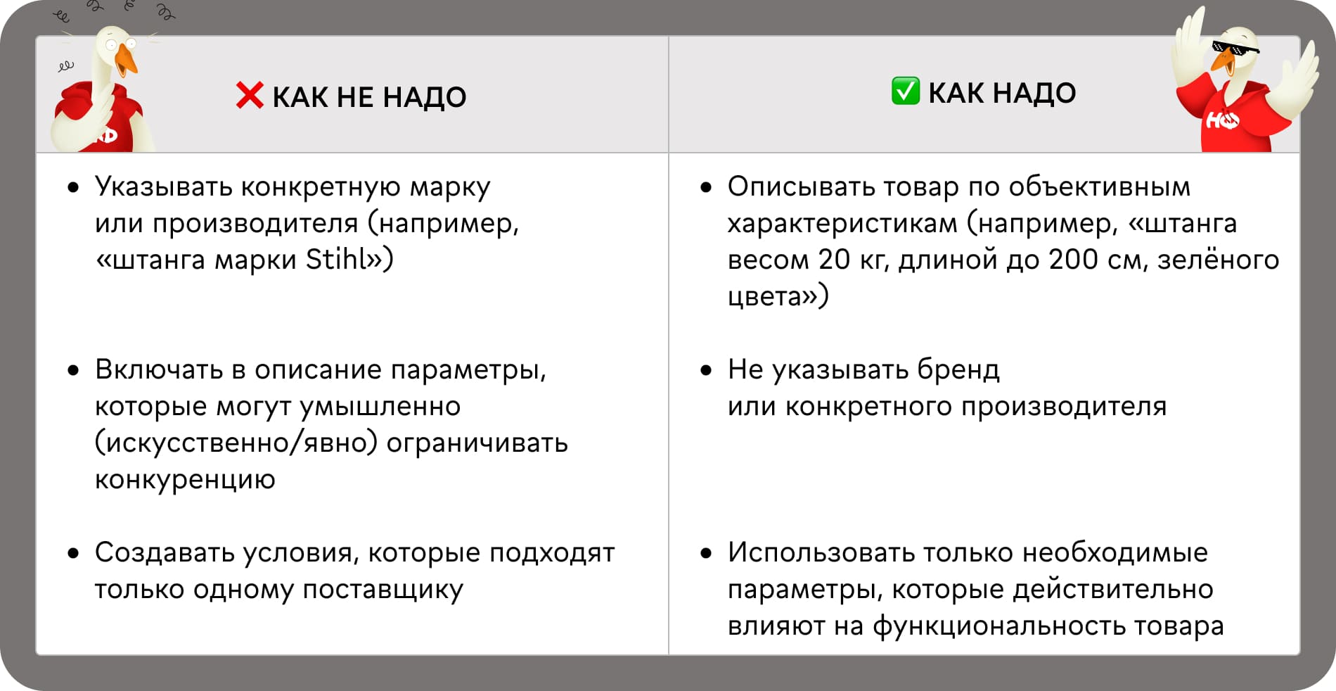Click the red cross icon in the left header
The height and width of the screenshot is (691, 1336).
point(250,96)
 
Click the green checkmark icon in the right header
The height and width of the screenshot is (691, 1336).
point(905,91)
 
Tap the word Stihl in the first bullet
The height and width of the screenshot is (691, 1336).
point(336,259)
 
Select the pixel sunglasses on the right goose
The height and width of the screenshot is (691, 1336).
point(1235,49)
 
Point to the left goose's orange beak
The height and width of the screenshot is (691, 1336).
point(127,59)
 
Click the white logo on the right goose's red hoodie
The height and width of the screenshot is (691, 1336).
point(1223,122)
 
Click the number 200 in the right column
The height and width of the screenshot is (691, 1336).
point(1073,260)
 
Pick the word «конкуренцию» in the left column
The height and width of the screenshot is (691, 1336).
point(185,480)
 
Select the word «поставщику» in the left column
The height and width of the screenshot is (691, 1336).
point(383,590)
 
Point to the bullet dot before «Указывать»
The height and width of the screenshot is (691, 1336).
point(73,188)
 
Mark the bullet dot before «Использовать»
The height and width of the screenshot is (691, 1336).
point(706,554)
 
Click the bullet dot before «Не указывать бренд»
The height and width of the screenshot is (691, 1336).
point(706,371)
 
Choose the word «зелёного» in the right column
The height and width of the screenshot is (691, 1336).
point(1219,260)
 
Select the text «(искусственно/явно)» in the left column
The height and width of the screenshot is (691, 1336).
point(236,443)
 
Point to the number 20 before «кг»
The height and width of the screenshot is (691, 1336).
point(835,260)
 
